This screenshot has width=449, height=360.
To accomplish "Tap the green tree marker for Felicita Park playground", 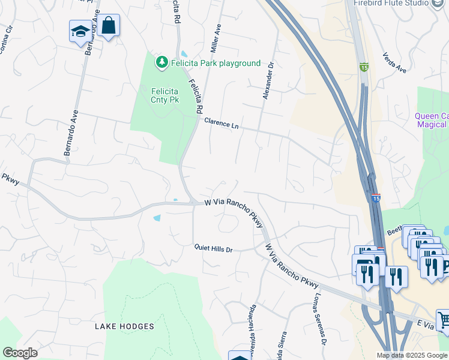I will pos(161,62).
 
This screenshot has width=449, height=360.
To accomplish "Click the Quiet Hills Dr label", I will pos(212,248).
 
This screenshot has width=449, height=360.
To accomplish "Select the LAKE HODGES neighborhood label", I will pos(124,326).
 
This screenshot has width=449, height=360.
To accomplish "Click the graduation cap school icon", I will pos(80,31).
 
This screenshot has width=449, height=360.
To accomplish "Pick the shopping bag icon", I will pos(109,25).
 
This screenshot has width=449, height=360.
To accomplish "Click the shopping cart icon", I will pos(444,320).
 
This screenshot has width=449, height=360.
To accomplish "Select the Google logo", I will pos(20,353).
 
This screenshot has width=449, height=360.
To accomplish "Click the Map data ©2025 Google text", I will pos(412,355).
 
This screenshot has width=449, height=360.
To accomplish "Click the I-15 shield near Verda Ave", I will pos(364,66).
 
